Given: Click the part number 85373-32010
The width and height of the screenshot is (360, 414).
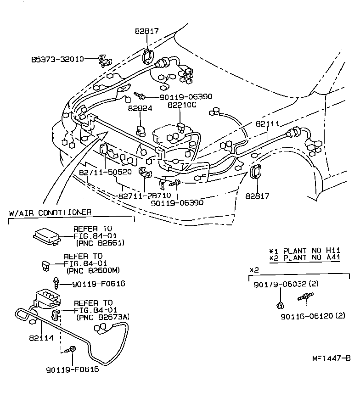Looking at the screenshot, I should click(x=58, y=59).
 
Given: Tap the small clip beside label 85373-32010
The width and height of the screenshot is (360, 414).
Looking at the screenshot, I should click(x=105, y=60).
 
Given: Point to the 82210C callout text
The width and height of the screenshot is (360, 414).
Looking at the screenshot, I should click(x=182, y=105).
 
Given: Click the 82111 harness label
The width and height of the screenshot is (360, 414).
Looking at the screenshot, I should click(x=267, y=124).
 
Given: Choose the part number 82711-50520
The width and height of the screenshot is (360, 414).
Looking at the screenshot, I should click(x=106, y=172).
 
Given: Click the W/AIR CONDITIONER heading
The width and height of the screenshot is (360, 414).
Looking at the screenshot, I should click(x=50, y=213).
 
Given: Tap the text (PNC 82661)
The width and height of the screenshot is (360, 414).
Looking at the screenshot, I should click(x=101, y=243).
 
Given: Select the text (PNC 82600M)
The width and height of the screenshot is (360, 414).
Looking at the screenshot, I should click(x=93, y=270).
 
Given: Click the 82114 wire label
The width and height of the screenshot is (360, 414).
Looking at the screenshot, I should click(x=41, y=337).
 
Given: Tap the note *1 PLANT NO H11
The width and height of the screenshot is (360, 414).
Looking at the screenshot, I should click(x=304, y=251).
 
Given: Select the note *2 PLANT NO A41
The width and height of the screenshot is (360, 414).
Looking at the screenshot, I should click(x=304, y=258).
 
